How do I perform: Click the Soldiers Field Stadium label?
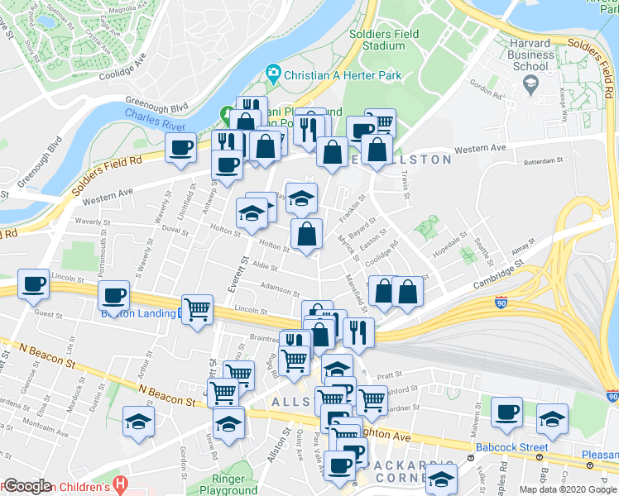tap(383, 40)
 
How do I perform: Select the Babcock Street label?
tap(512, 448)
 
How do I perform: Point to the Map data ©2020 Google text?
tap(568, 489)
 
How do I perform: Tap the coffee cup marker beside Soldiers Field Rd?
tap(180, 148)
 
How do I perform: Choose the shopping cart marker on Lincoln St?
tap(197, 310)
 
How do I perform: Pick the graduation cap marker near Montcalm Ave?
tap(138, 421)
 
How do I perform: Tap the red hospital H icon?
tap(122, 483)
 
